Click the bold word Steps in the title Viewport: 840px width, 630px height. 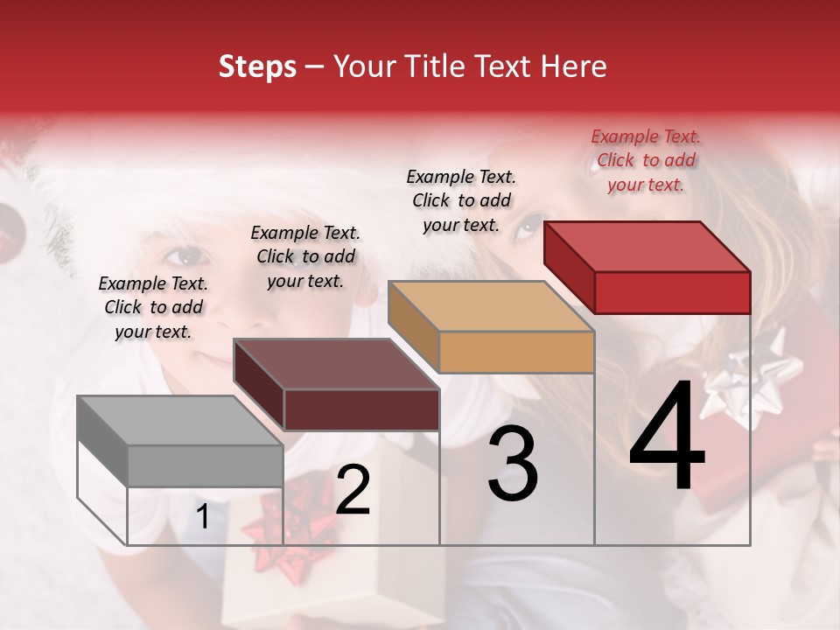pyautogui.click(x=257, y=66)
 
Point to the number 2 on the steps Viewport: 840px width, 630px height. pyautogui.click(x=353, y=490)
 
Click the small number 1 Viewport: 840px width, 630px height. pyautogui.click(x=203, y=517)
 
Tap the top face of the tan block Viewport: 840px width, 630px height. pyautogui.click(x=490, y=306)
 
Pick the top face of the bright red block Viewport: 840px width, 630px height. pyautogui.click(x=646, y=247)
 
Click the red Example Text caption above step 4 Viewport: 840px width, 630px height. pyautogui.click(x=646, y=160)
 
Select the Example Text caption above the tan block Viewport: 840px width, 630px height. pyautogui.click(x=461, y=200)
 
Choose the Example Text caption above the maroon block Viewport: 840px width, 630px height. pyautogui.click(x=305, y=256)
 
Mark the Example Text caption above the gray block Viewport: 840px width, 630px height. pyautogui.click(x=153, y=307)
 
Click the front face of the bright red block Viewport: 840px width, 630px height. pyautogui.click(x=672, y=292)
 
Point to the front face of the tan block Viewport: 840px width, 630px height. pyautogui.click(x=516, y=352)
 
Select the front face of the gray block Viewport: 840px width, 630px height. pyautogui.click(x=205, y=465)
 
